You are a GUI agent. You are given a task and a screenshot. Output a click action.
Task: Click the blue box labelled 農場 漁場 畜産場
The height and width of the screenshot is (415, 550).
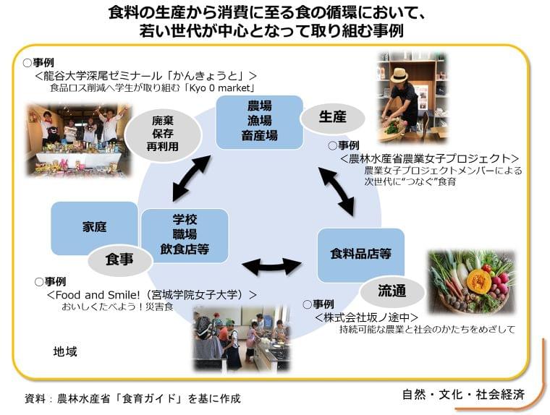[259, 121]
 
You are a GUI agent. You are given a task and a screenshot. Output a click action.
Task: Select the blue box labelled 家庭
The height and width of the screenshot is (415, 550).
[94, 227]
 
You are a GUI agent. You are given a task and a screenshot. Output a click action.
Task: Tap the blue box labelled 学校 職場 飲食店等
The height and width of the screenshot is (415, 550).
[185, 234]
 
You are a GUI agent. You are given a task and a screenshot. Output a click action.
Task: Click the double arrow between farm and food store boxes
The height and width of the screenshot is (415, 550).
[337, 192]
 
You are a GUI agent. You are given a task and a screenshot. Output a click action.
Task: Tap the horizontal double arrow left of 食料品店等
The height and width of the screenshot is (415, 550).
[271, 266]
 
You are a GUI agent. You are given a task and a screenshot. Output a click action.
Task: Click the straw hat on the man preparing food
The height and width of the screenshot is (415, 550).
[399, 75]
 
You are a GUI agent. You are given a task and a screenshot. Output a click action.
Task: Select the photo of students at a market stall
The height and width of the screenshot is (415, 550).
[78, 140]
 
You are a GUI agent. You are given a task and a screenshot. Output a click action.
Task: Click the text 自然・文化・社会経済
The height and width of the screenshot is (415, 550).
[463, 394]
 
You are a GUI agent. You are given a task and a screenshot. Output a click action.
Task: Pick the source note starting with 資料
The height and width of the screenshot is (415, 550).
[132, 398]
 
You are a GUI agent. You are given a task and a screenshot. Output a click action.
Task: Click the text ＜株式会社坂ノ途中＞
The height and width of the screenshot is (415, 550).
[367, 317]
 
